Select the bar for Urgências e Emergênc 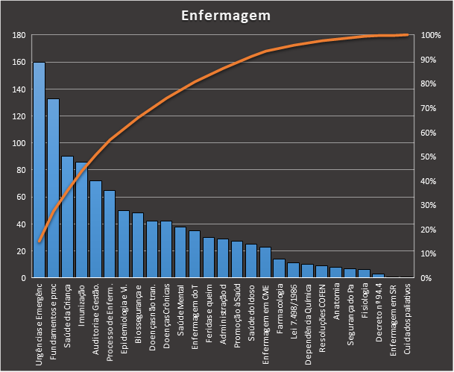[39, 170]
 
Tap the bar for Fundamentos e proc [53, 188]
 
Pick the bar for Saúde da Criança [67, 217]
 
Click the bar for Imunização [81, 220]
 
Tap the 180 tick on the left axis [20, 36]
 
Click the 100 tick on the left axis [20, 143]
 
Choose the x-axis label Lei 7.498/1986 [293, 309]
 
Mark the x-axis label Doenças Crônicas [166, 312]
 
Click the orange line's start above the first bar [39, 241]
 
